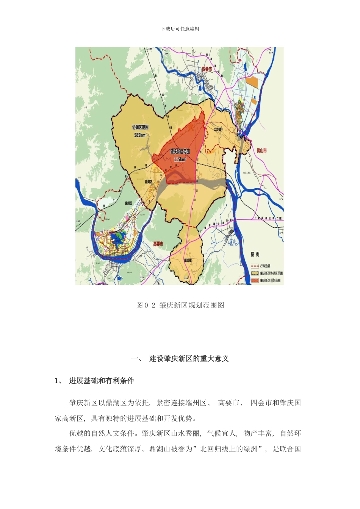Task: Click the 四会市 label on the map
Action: click(207, 69)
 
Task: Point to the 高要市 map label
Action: click(158, 244)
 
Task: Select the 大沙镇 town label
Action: click(217, 129)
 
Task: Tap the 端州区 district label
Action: click(128, 203)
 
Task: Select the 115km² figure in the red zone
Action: click(180, 159)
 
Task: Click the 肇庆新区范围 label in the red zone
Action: click(180, 151)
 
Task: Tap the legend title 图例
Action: click(255, 254)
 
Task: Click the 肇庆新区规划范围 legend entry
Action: click(270, 280)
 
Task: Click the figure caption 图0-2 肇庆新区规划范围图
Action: click(180, 305)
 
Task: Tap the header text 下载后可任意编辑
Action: click(180, 29)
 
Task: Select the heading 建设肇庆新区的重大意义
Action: click(189, 359)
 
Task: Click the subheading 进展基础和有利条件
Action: click(102, 381)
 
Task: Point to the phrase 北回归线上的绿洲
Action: click(229, 449)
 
